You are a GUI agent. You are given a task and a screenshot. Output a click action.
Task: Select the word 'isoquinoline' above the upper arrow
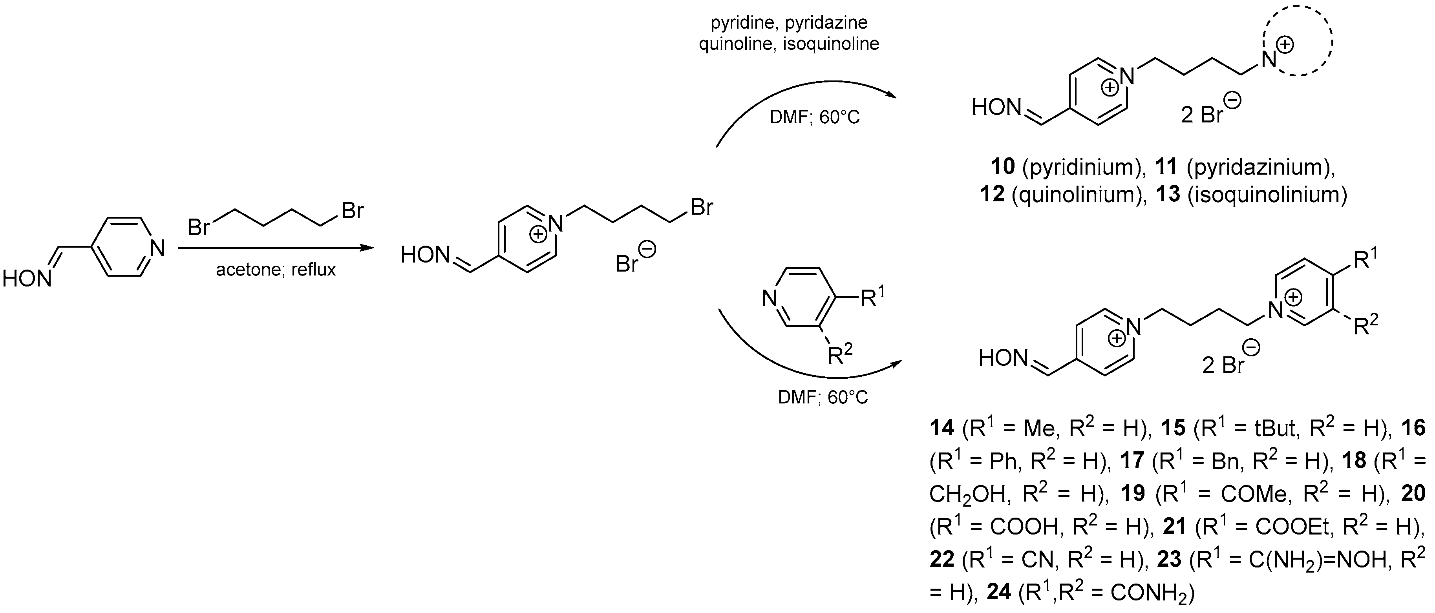(831, 44)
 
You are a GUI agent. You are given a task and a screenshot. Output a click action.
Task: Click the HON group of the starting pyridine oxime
(26, 278)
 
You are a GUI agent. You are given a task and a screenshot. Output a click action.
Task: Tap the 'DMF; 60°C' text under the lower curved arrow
(823, 398)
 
